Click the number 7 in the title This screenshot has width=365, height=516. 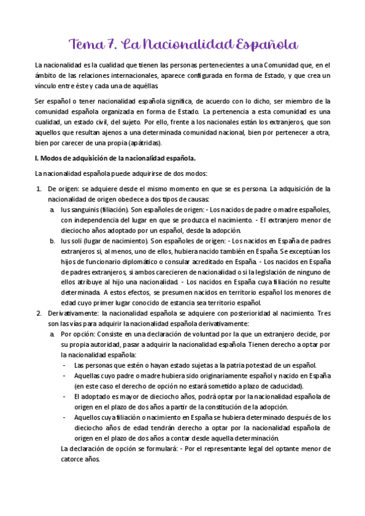point(112,44)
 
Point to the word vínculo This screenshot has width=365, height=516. point(46,86)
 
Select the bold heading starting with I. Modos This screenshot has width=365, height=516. point(115,158)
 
